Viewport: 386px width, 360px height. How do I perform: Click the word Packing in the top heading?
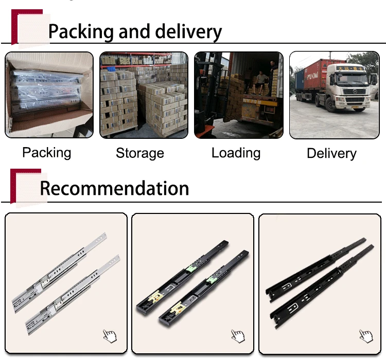[81, 32]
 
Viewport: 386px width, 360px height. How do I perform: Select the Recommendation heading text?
[114, 188]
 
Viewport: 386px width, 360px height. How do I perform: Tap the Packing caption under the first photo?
[47, 153]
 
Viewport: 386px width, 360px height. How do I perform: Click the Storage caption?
[140, 153]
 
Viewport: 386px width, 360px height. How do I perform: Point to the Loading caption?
[236, 153]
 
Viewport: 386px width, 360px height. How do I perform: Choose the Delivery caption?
[331, 153]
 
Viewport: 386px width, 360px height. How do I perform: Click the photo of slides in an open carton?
[49, 95]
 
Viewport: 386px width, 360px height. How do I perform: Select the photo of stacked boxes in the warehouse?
[144, 95]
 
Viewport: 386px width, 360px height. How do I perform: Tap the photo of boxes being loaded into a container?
[238, 95]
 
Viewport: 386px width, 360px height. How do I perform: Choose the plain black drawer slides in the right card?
[319, 282]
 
